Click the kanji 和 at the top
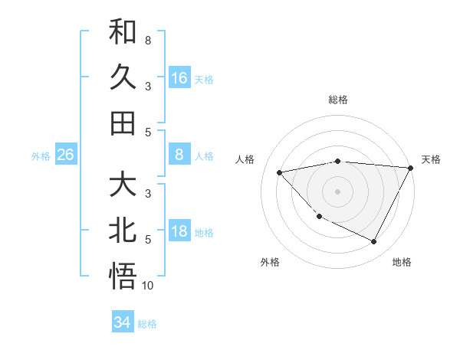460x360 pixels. click(x=123, y=32)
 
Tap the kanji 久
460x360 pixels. click(x=123, y=77)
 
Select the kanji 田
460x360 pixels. click(x=123, y=123)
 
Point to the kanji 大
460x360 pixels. click(x=123, y=185)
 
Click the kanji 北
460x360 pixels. click(x=123, y=231)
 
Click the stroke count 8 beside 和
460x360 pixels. click(x=147, y=40)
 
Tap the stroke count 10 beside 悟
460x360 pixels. click(x=148, y=286)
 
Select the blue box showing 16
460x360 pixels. click(x=179, y=78)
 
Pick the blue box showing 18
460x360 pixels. click(x=179, y=232)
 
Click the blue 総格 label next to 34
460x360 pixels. click(x=147, y=324)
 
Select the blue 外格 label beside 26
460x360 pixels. click(x=41, y=156)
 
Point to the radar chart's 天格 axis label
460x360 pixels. click(x=432, y=159)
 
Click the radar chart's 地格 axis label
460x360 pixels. click(x=402, y=262)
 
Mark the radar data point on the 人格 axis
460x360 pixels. click(x=280, y=172)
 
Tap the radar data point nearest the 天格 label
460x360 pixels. click(x=410, y=168)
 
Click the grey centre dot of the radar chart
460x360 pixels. click(x=337, y=191)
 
